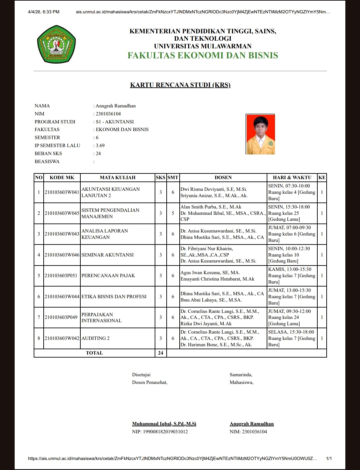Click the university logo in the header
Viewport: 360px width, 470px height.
[56, 44]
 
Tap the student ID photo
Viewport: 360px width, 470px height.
[260, 134]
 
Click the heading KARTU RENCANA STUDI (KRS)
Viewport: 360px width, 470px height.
[180, 85]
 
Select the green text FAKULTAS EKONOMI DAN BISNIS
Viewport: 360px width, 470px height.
[203, 55]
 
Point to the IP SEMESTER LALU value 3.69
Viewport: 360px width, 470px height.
[100, 145]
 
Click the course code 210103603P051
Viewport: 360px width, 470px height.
[61, 276]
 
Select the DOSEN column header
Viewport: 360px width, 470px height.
[223, 177]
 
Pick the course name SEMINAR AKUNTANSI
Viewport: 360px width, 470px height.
[107, 255]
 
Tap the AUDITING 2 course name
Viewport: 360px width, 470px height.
[95, 338]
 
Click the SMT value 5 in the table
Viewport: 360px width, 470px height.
[173, 213]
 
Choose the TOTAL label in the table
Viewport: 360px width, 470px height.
[94, 353]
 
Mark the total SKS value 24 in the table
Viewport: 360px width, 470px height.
[161, 353]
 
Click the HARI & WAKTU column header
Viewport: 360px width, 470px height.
[292, 177]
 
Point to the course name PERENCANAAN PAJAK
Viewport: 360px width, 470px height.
[108, 276]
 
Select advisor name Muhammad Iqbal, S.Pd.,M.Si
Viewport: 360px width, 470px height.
[164, 424]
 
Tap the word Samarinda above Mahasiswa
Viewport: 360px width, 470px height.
[241, 375]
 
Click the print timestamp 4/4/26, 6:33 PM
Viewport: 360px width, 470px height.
[44, 12]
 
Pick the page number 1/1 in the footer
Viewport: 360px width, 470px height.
[329, 458]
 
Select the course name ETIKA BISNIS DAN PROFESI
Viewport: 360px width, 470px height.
[114, 297]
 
